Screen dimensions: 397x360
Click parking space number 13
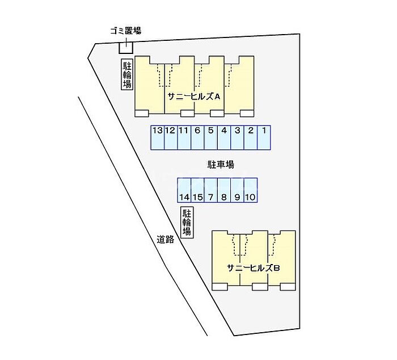point(157,137)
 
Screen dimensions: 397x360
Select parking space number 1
point(264,137)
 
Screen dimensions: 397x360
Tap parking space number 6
point(197,137)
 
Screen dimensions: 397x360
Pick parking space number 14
point(184,190)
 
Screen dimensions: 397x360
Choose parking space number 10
point(251,190)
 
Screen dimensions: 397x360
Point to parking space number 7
point(210,190)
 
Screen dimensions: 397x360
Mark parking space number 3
point(238,137)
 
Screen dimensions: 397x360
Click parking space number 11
point(184,137)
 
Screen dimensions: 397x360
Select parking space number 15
point(197,190)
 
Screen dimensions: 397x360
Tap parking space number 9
point(237,190)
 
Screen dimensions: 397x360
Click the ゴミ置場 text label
point(125,31)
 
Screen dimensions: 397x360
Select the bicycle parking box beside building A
point(126,74)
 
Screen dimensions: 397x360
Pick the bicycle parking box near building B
point(187,222)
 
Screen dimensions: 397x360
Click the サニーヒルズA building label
point(193,97)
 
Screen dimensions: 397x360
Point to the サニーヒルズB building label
point(253,268)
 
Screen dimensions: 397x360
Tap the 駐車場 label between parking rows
point(221,165)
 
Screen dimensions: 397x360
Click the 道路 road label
point(166,240)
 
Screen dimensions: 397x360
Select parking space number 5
point(210,137)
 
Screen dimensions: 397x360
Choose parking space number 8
point(224,190)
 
